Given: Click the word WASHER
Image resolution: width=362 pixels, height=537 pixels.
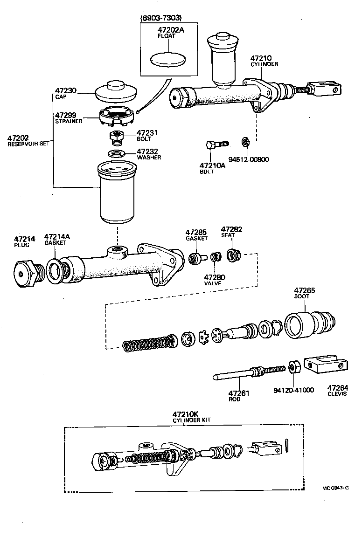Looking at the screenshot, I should tap(149, 158).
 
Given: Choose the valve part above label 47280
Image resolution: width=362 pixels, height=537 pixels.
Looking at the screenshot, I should tap(215, 257).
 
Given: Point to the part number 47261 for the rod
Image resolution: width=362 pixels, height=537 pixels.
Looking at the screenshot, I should tap(239, 393).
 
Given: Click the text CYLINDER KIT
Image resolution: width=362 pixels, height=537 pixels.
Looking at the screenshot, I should tap(192, 420).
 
